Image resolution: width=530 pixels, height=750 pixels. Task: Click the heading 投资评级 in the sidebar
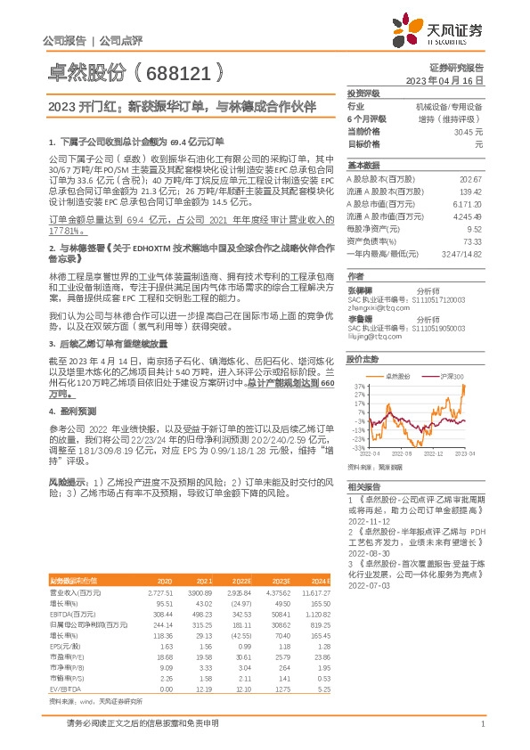pos(363,93)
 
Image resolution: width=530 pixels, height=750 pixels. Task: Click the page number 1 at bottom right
pos(482,735)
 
